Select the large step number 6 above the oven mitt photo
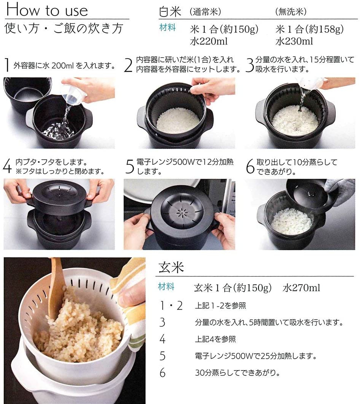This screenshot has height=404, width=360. [x=250, y=166]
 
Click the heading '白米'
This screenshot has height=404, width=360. [x=169, y=11]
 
